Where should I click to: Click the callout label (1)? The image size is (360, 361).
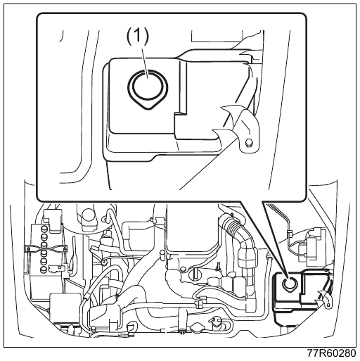[138, 37]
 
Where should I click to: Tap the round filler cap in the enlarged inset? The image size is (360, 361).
[148, 89]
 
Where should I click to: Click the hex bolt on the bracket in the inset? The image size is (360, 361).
[247, 142]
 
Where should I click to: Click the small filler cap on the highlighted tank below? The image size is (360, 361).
[290, 284]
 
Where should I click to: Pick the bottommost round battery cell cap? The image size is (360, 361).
[44, 269]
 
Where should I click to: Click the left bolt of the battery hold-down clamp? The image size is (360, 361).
[28, 249]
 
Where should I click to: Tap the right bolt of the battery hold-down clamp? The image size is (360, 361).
[64, 249]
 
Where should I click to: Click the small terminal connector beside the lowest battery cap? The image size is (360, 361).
[56, 269]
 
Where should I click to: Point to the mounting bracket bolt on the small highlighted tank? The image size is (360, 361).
[328, 305]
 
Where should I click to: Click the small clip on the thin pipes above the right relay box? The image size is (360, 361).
[290, 233]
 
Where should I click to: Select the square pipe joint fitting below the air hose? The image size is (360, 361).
[200, 303]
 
